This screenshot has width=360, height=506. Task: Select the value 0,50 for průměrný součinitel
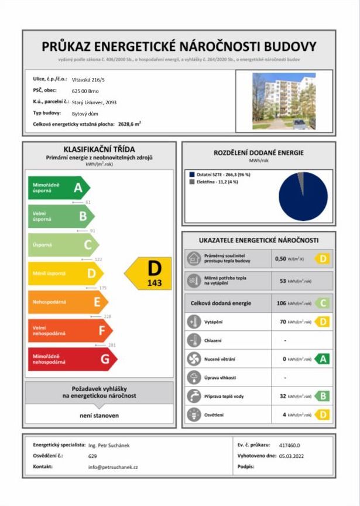280,258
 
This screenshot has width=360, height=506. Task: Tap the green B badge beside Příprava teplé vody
322,396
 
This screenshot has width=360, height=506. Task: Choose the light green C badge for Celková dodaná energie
322,303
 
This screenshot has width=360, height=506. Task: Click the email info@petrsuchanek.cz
113,467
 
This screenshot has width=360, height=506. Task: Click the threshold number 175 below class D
103,288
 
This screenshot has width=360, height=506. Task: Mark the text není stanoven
99,415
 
